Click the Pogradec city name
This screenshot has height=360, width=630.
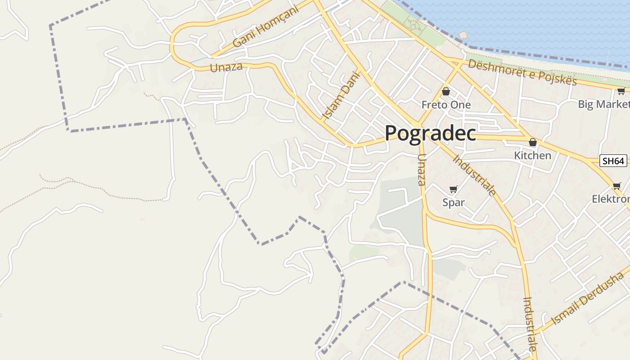click(x=430, y=133)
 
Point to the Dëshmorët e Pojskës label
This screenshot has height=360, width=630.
click(x=522, y=72)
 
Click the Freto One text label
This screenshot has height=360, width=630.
click(x=446, y=105)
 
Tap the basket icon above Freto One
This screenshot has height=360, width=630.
click(x=446, y=92)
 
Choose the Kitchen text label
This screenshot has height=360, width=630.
click(x=533, y=155)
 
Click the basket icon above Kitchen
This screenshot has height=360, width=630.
click(x=533, y=143)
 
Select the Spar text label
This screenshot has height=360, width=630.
click(x=453, y=202)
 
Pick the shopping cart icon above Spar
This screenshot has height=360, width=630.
click(x=453, y=189)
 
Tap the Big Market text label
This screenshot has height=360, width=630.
click(x=603, y=104)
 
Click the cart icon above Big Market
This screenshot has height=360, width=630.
click(x=621, y=92)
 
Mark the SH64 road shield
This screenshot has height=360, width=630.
click(x=613, y=161)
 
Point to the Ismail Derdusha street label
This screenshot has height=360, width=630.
click(x=588, y=297)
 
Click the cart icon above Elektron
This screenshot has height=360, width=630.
click(x=616, y=186)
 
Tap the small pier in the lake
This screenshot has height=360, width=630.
click(x=463, y=35)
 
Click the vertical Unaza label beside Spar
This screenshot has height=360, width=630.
click(x=421, y=170)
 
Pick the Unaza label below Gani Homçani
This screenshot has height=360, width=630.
click(x=226, y=67)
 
